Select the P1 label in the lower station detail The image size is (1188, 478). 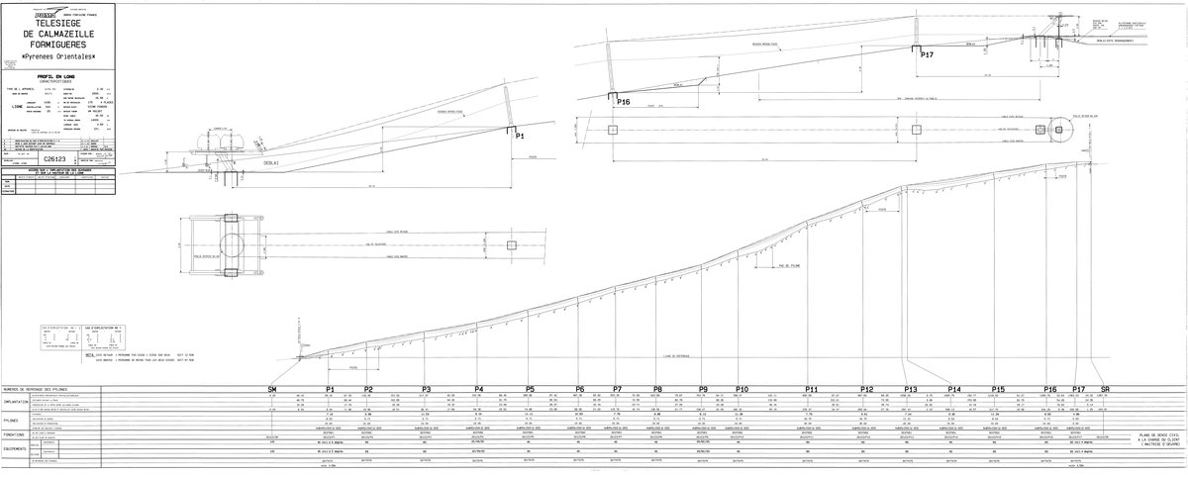pos(520,137)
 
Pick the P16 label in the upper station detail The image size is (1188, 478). pos(623,101)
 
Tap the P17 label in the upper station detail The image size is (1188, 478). pos(927,55)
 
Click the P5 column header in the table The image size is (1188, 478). pos(531,389)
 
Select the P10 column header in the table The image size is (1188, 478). pos(742,389)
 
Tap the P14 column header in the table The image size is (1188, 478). pos(954,389)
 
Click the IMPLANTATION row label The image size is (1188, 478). pos(20,402)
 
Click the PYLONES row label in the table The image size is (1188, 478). pos(15,419)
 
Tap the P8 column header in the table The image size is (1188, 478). pos(657,389)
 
